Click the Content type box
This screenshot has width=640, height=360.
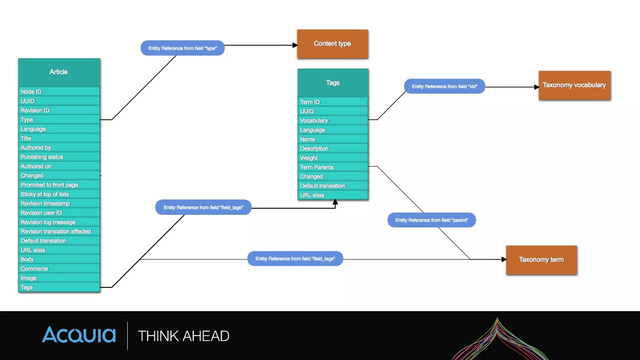(x=332, y=44)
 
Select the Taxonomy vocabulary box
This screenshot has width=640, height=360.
(x=574, y=85)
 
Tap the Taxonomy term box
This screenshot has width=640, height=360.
(x=541, y=260)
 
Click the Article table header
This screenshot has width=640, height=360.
(x=59, y=72)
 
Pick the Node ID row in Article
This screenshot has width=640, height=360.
(x=59, y=92)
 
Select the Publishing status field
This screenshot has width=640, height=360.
(x=59, y=157)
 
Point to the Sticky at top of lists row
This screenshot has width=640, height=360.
(x=59, y=194)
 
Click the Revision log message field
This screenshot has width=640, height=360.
(x=59, y=222)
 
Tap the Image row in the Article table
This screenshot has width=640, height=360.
(x=59, y=278)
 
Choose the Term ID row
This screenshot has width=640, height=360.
(x=332, y=102)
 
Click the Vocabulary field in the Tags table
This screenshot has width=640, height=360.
(x=332, y=121)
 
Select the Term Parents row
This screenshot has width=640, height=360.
(x=332, y=167)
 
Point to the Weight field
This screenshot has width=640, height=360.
(x=332, y=158)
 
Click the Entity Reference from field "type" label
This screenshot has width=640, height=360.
(x=182, y=48)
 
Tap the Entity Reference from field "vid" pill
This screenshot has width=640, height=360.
(x=444, y=86)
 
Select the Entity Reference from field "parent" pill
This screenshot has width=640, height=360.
(x=432, y=220)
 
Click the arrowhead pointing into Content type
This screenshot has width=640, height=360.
(x=295, y=45)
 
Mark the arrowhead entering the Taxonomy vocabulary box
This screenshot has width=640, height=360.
(x=536, y=87)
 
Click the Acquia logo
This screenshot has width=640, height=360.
(x=79, y=335)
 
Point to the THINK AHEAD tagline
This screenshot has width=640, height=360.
(x=183, y=336)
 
